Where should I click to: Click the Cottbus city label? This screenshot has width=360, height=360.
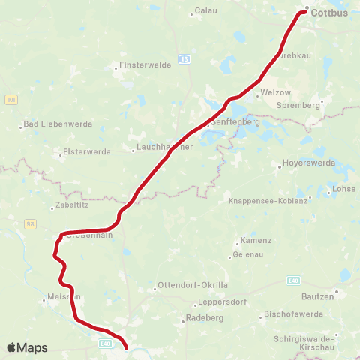[x=330, y=13]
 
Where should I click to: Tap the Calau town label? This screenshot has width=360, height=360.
[x=205, y=10]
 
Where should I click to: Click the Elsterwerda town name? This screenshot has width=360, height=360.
[x=87, y=151]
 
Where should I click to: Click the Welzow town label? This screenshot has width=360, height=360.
[x=272, y=94]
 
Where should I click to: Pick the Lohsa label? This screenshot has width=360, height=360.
[x=344, y=190]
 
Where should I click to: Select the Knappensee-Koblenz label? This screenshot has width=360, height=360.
[x=268, y=201]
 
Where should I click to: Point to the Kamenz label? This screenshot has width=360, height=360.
[x=252, y=241]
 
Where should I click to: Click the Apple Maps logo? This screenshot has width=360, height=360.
[x=27, y=347]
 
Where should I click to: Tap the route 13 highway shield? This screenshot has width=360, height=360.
[x=184, y=58]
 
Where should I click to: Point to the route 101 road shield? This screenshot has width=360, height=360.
[x=10, y=99]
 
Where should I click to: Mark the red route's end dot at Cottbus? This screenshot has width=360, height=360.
[x=306, y=10]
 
